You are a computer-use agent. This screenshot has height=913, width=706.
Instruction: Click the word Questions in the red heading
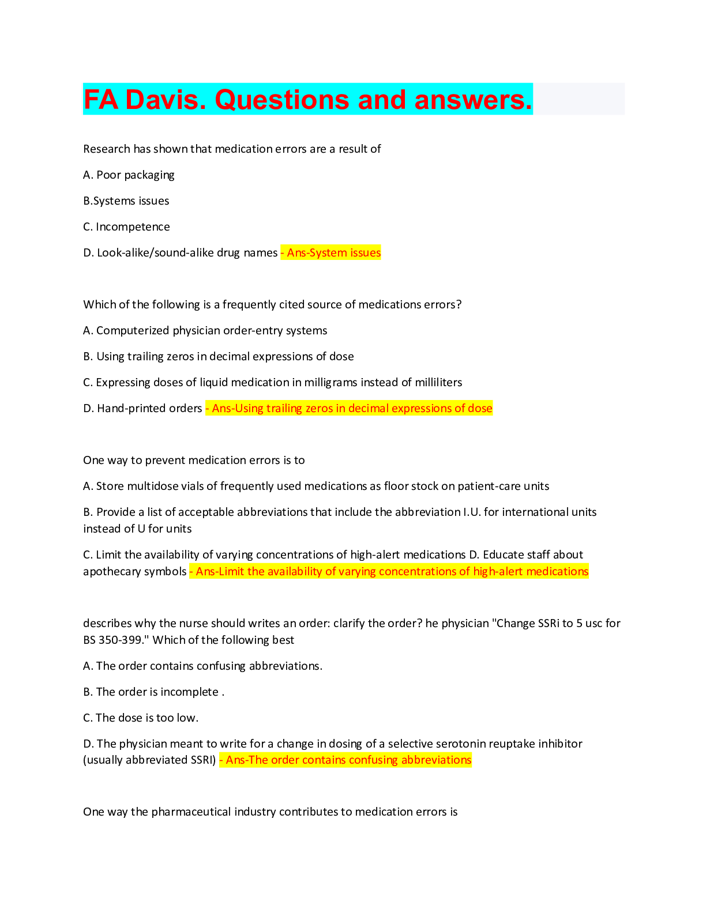coord(282,100)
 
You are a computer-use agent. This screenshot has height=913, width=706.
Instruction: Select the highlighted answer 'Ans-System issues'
coord(331,252)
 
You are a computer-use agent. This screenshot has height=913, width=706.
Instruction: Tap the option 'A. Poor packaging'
coord(129,175)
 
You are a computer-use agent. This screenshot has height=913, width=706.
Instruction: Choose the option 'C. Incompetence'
coord(126,227)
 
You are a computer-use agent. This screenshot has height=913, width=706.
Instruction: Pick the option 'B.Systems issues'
coord(126,201)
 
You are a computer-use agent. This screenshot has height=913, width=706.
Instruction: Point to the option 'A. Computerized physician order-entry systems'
coord(205,330)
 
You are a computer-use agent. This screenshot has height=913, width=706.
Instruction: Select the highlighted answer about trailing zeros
coord(350,408)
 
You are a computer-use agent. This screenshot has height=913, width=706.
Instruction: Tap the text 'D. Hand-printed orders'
coord(142,408)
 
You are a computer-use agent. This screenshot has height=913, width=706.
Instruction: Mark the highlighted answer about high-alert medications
coord(389,571)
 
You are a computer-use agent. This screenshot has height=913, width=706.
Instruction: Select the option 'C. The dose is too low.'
coord(141,718)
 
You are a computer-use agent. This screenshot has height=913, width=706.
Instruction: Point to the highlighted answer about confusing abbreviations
coord(346,760)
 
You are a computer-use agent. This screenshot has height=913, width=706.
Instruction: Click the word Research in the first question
coord(107,149)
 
